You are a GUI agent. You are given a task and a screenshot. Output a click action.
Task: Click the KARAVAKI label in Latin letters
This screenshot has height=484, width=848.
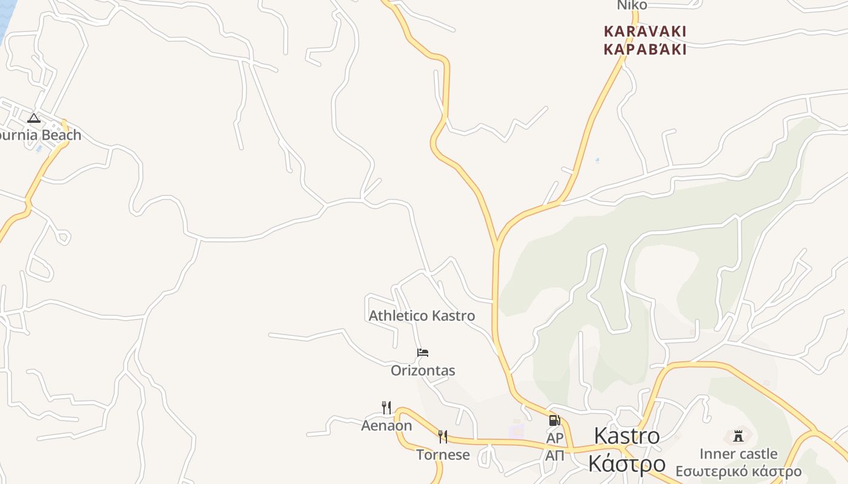(645, 31)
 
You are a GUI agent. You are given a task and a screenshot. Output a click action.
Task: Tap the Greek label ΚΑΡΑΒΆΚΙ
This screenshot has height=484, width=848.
(645, 50)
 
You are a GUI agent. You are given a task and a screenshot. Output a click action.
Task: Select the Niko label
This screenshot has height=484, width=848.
(632, 5)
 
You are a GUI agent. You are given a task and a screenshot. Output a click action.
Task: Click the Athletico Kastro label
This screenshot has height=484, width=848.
(422, 316)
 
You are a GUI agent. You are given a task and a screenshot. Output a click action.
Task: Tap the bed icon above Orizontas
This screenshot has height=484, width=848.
(423, 353)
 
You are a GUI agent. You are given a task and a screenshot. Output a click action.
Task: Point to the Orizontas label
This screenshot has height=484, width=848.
(423, 370)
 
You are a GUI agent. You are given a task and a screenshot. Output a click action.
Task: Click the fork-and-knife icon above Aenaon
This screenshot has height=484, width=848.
(386, 407)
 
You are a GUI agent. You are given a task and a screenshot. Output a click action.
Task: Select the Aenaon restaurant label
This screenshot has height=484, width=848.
(386, 426)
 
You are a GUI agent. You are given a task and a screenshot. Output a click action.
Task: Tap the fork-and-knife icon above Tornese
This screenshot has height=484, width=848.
(443, 436)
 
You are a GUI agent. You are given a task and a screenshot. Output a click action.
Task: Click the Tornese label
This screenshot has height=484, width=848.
(443, 455)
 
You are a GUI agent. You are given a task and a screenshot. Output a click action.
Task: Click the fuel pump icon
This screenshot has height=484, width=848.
(554, 420)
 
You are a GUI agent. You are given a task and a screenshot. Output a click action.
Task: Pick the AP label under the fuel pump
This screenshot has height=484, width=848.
(555, 437)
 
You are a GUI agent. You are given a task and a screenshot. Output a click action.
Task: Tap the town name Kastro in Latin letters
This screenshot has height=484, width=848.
(627, 436)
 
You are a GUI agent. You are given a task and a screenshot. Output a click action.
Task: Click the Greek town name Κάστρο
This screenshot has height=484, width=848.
(627, 464)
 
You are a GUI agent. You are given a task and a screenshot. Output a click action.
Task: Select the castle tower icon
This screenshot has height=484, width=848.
(738, 436)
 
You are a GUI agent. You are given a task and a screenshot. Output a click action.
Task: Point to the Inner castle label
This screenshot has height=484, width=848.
(738, 454)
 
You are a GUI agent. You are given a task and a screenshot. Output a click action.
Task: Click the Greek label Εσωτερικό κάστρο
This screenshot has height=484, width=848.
(738, 472)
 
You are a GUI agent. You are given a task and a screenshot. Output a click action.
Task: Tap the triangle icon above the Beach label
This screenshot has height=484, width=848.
(34, 118)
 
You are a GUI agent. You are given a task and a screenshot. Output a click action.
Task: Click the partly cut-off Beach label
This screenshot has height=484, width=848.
(40, 135)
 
